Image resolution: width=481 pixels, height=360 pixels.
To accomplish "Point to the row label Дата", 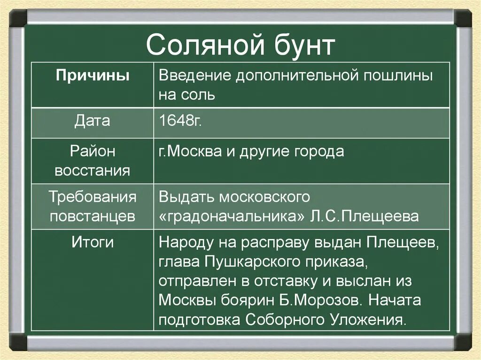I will (x=93, y=121).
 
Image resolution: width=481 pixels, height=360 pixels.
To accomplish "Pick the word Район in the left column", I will (x=93, y=151).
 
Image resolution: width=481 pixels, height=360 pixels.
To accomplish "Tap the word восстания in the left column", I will (x=93, y=170).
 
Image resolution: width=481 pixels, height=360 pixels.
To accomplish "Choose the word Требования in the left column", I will (x=93, y=197).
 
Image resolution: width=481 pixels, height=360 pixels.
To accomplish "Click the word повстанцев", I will (x=93, y=216).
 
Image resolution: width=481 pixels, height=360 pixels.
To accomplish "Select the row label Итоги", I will (x=93, y=242).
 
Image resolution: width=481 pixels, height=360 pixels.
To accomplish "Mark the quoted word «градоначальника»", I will (x=233, y=217).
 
